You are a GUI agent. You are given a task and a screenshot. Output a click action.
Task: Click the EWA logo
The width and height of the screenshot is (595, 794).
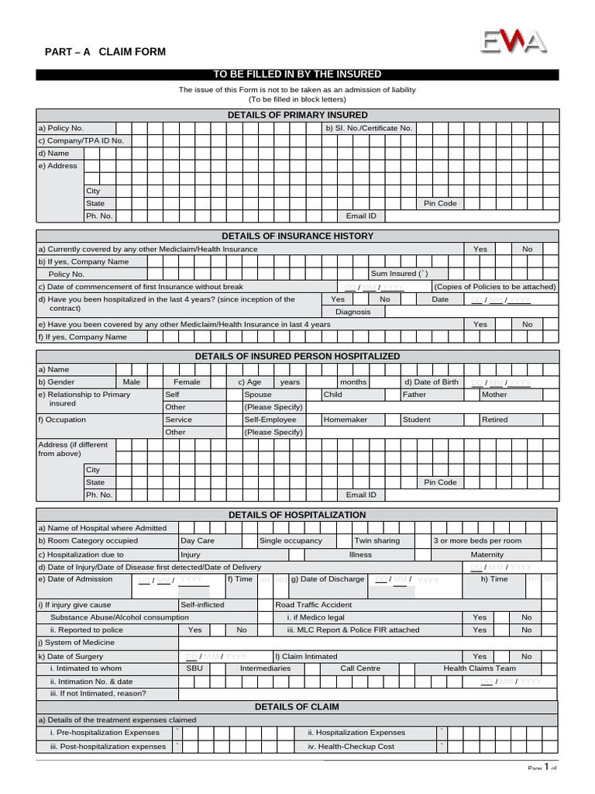tap(514, 40)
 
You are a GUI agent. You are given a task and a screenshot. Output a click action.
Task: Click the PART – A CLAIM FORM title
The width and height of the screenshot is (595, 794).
tap(105, 52)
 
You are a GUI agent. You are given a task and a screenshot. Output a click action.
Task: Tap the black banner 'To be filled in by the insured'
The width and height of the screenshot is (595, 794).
tap(297, 74)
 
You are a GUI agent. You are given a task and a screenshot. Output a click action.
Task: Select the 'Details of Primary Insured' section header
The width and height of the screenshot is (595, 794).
tap(297, 116)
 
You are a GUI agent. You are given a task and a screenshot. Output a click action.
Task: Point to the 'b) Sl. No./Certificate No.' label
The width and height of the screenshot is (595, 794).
tap(369, 128)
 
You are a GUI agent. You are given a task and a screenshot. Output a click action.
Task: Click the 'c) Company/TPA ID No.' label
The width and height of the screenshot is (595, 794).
tap(81, 140)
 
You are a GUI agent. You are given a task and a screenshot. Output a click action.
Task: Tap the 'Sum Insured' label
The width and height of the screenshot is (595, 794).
tap(399, 274)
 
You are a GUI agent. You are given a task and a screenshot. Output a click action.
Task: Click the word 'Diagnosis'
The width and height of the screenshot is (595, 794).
tap(353, 312)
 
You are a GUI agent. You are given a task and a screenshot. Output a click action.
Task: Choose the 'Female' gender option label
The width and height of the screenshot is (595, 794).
tap(187, 382)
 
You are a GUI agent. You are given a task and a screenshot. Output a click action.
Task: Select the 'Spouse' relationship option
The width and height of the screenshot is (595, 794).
tap(258, 395)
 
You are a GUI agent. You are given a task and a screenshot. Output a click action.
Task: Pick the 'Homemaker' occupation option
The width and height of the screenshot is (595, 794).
tap(346, 419)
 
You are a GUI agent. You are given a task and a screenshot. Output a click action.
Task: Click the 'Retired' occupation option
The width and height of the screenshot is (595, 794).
tap(494, 419)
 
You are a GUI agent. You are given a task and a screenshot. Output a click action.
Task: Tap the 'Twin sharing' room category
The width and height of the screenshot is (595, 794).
tap(377, 540)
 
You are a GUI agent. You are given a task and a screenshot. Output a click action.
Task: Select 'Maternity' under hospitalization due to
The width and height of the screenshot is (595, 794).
tap(487, 554)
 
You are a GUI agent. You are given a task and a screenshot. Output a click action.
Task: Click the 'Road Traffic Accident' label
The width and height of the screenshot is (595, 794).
tap(314, 605)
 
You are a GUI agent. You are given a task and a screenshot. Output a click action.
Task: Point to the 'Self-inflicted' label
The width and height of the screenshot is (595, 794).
tap(202, 605)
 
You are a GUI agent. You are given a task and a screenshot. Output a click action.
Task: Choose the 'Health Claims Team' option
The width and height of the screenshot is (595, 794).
tap(480, 668)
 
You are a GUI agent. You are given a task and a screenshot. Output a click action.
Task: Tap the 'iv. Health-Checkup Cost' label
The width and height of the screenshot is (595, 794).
tap(351, 746)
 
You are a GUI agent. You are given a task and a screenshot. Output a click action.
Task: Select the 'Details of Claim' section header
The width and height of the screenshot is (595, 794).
tap(297, 707)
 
